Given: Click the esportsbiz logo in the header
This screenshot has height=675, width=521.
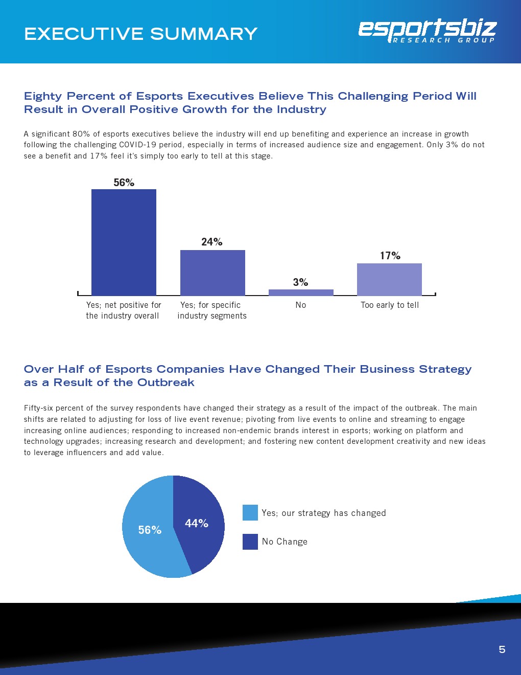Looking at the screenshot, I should tap(427, 31).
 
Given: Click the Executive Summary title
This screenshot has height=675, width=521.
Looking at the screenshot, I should tap(140, 34).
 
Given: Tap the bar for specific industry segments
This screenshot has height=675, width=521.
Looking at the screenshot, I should tap(212, 273).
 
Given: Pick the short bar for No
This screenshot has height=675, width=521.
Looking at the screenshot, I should tap(301, 292).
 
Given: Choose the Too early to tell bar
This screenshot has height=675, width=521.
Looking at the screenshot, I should tap(389, 279).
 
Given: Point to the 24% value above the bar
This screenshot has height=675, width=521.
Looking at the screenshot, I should tap(211, 242).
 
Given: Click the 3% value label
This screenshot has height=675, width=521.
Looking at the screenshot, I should tap(300, 282).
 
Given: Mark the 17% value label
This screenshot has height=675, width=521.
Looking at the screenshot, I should tap(390, 256).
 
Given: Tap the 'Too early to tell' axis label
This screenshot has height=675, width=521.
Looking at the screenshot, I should tap(389, 305).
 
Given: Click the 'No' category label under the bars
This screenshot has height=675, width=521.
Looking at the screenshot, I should tap(301, 305).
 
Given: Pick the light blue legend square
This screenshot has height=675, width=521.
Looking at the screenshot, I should tap(250, 513).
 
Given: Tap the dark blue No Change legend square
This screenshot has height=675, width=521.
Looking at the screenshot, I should tap(250, 542).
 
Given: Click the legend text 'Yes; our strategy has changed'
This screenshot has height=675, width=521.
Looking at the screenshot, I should tap(324, 513).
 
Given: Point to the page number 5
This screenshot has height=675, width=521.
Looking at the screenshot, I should tap(502, 649).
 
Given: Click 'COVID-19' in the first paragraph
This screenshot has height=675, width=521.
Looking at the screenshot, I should tap(138, 145).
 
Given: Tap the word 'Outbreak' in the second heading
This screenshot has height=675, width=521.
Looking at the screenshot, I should tap(166, 382).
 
